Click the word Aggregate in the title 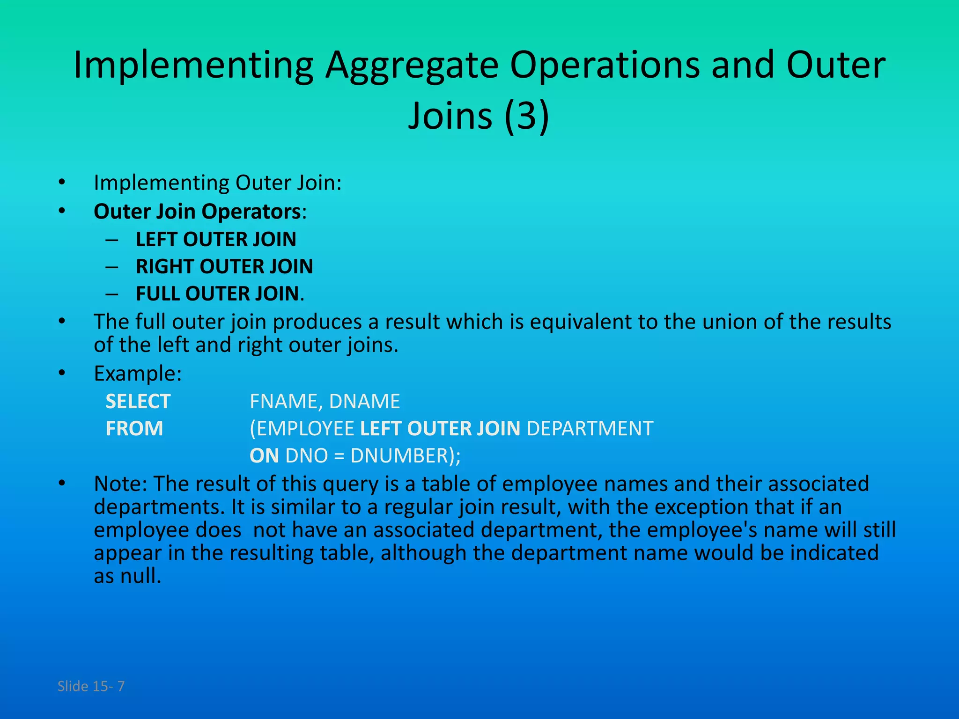click(412, 66)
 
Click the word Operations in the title click(605, 66)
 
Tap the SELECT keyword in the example click(138, 402)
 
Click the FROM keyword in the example click(134, 429)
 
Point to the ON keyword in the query click(264, 456)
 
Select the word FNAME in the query click(285, 402)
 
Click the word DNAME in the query click(364, 402)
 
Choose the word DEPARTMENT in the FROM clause click(590, 429)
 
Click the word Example click(137, 374)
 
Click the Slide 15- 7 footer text click(91, 686)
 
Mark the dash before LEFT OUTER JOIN click(112, 240)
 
